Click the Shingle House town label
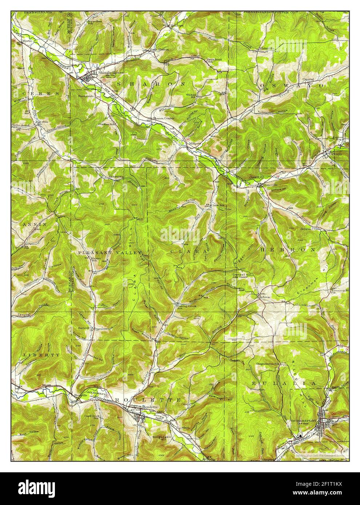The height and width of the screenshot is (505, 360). (x=111, y=72)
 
